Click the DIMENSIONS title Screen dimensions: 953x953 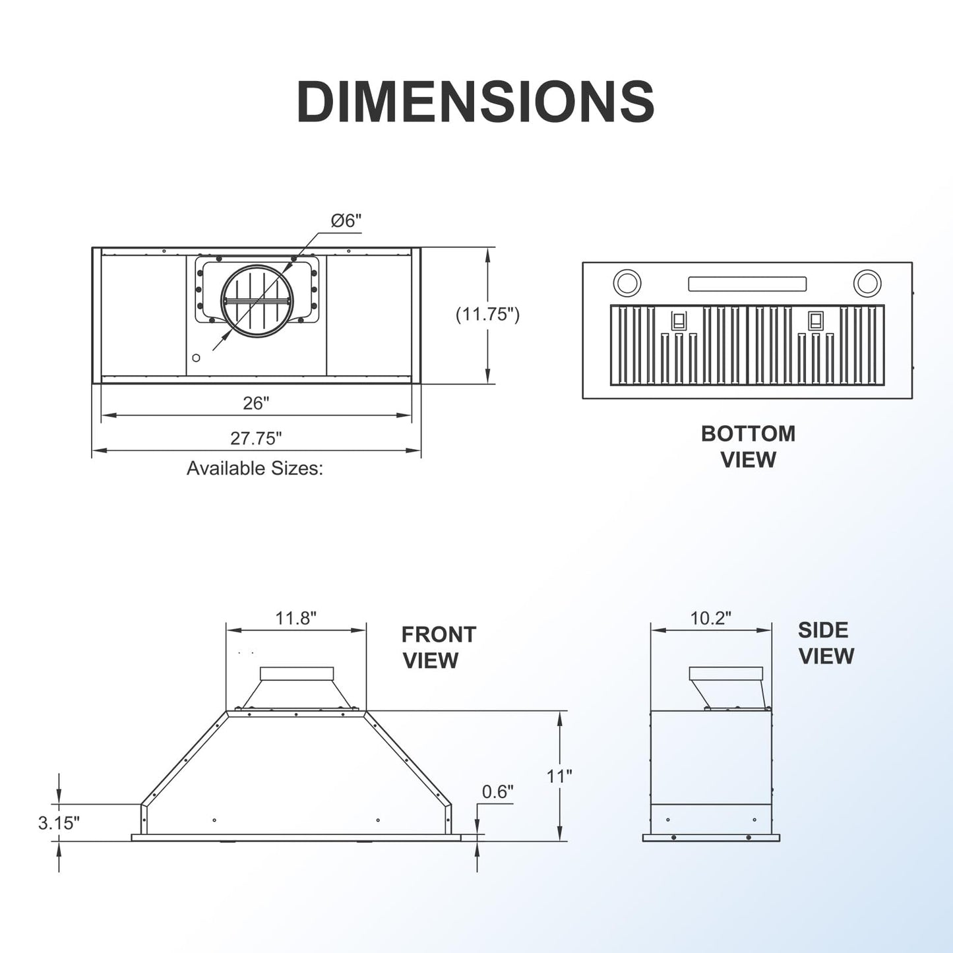(x=476, y=102)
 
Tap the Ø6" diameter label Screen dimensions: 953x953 (x=347, y=220)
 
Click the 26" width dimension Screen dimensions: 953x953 (x=256, y=404)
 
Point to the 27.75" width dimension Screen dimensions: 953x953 (x=256, y=438)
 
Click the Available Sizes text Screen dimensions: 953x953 (x=255, y=468)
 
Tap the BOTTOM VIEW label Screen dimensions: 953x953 (x=749, y=446)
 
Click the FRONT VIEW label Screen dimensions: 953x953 (x=439, y=648)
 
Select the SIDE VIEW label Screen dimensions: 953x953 (x=826, y=643)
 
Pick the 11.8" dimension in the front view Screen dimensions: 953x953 (x=295, y=618)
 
